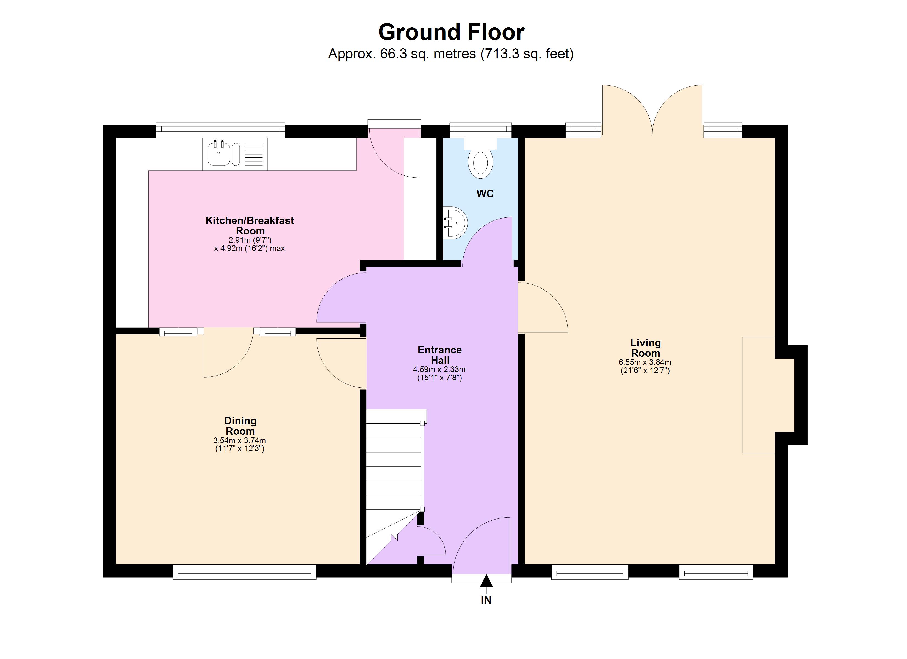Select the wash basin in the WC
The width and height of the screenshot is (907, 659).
(455, 223)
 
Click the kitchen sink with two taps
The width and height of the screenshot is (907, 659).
(219, 153)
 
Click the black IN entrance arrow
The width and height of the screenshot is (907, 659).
(486, 581)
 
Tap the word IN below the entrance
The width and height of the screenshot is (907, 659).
(486, 600)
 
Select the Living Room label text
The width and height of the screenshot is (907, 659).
(645, 348)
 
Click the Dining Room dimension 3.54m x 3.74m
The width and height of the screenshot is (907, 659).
(240, 440)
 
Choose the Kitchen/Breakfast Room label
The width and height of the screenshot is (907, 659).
(250, 225)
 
